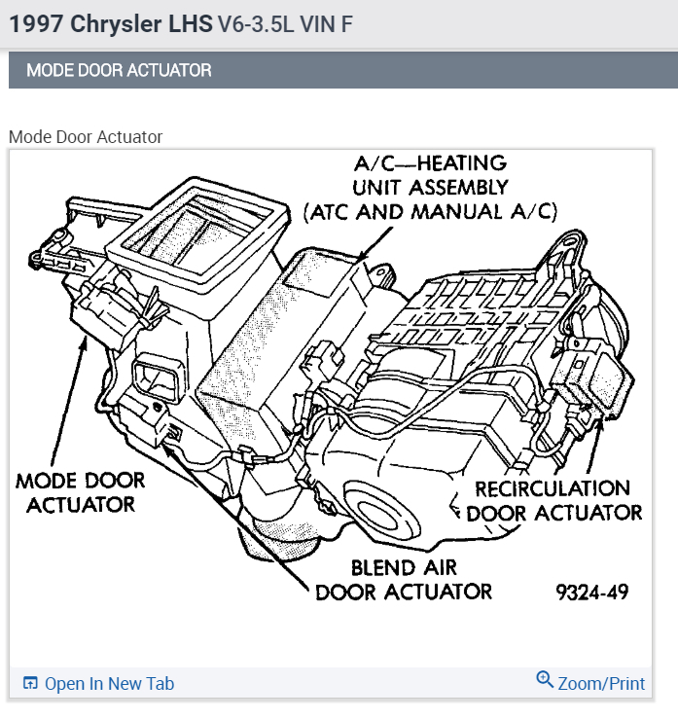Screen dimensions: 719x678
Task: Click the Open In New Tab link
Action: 109,684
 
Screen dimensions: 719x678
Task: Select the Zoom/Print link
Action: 600,684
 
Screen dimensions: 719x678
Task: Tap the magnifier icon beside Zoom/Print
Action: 545,680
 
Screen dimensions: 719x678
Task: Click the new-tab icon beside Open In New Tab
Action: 30,684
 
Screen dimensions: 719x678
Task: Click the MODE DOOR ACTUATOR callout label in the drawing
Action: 80,492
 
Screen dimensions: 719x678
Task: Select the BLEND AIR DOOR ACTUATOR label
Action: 404,580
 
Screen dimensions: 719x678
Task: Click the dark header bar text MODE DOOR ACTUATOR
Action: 119,70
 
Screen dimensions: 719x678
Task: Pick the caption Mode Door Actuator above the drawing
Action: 86,137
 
